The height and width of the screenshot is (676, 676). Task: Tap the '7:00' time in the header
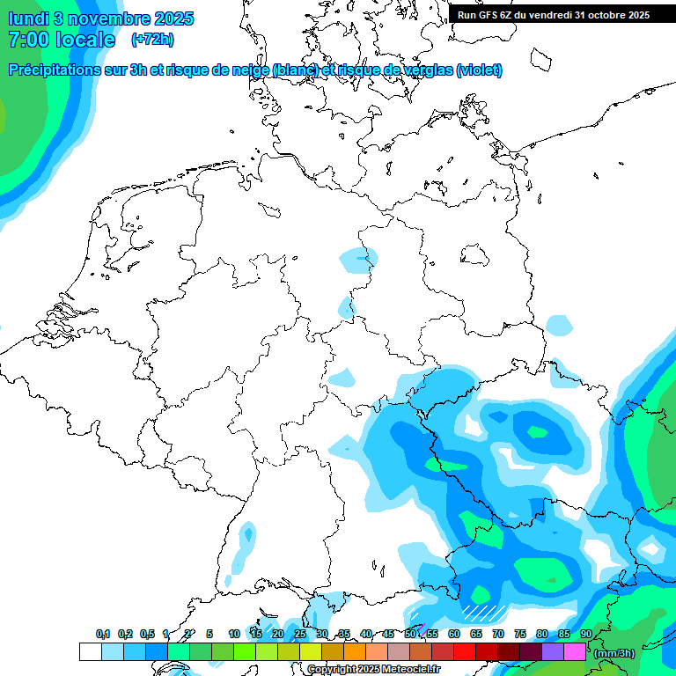(x=27, y=40)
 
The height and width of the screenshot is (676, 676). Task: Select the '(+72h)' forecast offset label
(x=151, y=40)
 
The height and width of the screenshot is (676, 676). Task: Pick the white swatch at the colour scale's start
(x=90, y=652)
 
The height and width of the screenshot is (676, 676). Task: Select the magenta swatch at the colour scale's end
(x=575, y=652)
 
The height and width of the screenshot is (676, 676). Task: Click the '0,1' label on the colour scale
(x=103, y=635)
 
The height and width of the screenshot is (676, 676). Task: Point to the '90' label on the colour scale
(x=586, y=635)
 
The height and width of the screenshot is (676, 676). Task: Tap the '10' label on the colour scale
(x=234, y=635)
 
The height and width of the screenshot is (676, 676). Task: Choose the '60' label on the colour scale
(x=454, y=635)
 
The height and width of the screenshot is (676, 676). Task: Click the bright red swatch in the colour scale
(x=465, y=652)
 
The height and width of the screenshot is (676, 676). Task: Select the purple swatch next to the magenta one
(x=553, y=652)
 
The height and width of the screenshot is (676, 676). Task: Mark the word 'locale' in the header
(x=84, y=40)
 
